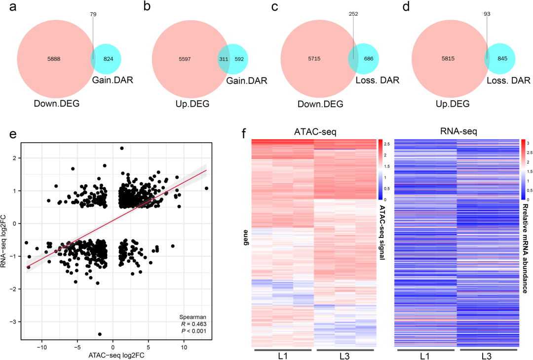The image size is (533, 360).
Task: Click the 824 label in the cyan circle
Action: point(108,59)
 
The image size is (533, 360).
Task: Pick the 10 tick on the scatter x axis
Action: point(184,348)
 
